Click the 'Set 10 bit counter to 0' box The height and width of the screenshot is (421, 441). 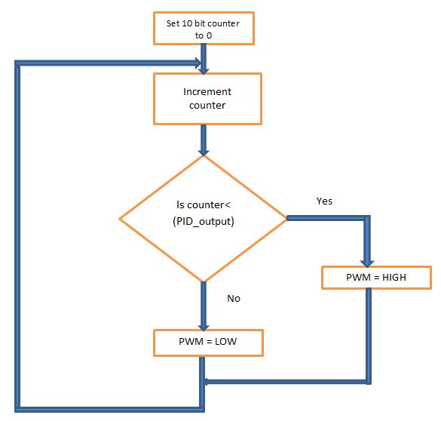pyautogui.click(x=204, y=28)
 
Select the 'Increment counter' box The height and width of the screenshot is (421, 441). pyautogui.click(x=207, y=99)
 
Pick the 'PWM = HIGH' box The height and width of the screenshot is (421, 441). pyautogui.click(x=376, y=278)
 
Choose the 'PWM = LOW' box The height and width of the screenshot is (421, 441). pyautogui.click(x=208, y=343)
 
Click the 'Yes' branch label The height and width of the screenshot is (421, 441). pyautogui.click(x=324, y=201)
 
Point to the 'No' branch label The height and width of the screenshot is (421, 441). pyautogui.click(x=234, y=298)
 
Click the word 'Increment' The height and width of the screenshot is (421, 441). pyautogui.click(x=207, y=92)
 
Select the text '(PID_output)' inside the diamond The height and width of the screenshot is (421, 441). pyautogui.click(x=204, y=221)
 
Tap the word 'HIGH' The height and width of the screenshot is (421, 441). pyautogui.click(x=394, y=278)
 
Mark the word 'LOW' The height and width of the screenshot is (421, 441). pyautogui.click(x=225, y=341)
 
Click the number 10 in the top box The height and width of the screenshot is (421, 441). pyautogui.click(x=187, y=23)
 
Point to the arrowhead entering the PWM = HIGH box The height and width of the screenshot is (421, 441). pyautogui.click(x=367, y=263)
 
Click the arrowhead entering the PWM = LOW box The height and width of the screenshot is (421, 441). pyautogui.click(x=204, y=327)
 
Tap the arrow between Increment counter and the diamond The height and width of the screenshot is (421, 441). pyautogui.click(x=204, y=140)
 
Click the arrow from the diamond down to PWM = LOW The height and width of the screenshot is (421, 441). pyautogui.click(x=204, y=306)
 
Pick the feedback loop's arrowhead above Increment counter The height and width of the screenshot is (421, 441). pyautogui.click(x=198, y=63)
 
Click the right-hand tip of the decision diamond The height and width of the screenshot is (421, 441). pyautogui.click(x=287, y=218)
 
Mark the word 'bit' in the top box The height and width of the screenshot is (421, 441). pyautogui.click(x=199, y=23)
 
